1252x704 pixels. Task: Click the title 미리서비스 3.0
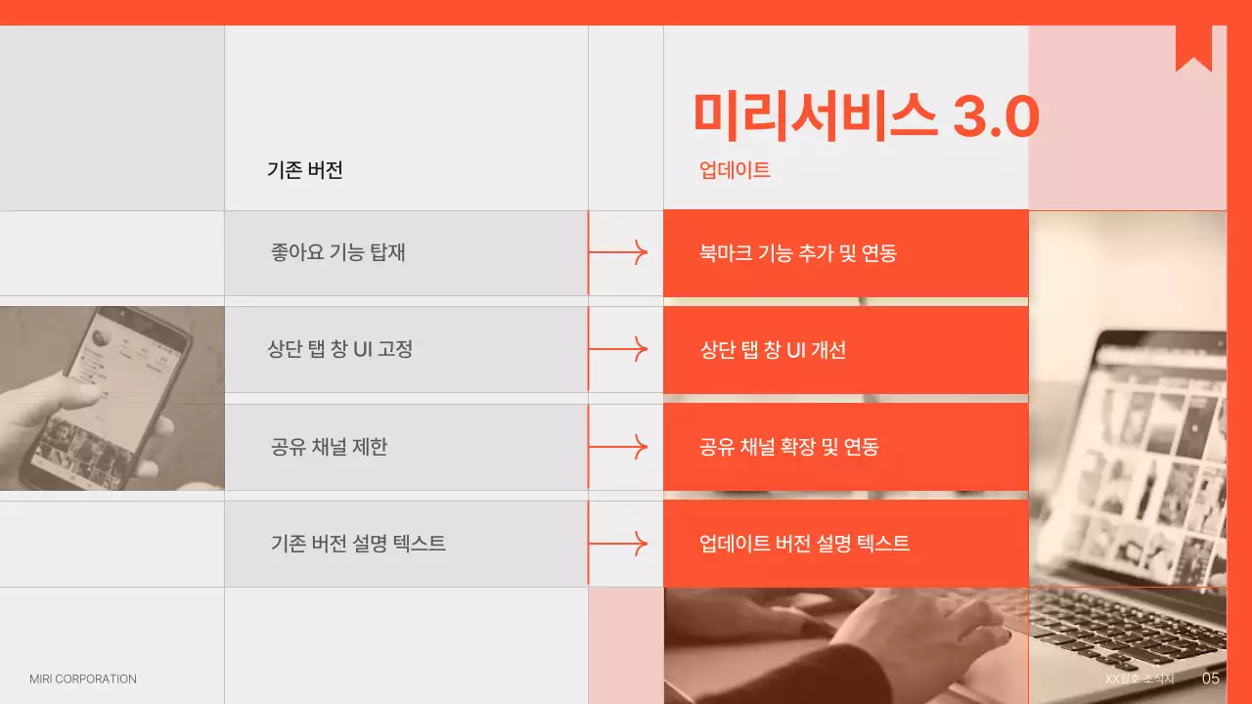866,115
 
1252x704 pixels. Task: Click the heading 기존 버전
305,170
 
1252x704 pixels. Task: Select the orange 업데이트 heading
735,170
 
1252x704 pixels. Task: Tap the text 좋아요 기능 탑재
338,252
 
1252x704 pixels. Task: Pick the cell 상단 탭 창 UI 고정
340,349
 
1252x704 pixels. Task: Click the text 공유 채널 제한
330,447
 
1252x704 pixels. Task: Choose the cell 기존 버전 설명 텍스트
358,544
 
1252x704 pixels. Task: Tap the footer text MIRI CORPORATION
83,679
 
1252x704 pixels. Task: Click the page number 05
1211,679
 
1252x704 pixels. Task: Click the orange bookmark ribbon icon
1193,49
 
